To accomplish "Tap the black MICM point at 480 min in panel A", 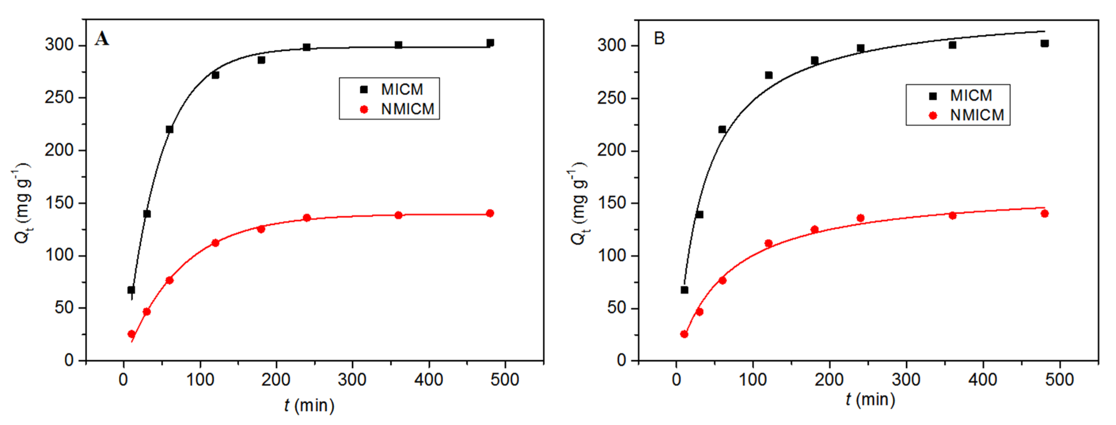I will tap(490, 42).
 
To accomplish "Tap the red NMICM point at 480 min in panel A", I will tap(490, 213).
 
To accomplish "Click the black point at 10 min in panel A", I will tap(131, 290).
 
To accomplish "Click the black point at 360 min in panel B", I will tap(952, 45).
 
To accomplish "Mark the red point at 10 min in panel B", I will tap(684, 334).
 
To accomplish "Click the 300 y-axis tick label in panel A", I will tap(59, 45).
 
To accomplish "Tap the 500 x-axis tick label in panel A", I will tap(505, 380).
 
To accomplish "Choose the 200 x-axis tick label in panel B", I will tap(829, 380).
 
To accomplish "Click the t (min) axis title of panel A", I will tap(309, 406).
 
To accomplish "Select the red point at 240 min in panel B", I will tap(860, 218).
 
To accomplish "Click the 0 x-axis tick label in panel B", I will tap(676, 380).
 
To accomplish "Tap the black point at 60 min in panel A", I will tap(169, 129).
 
